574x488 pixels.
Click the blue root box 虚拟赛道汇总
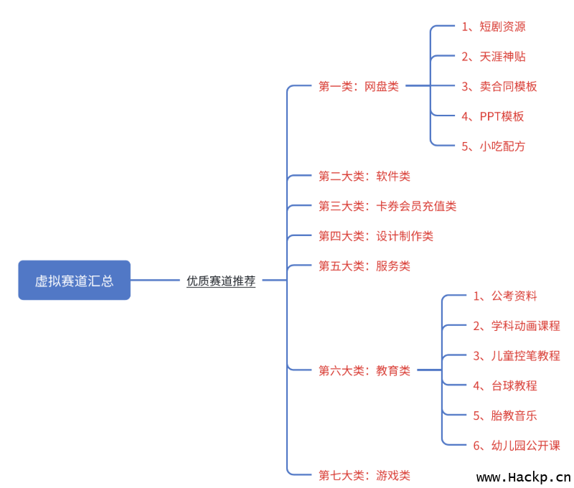tap(74, 280)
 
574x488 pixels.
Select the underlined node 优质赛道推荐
tap(221, 281)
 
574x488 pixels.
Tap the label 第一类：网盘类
tap(359, 86)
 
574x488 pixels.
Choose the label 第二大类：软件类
tap(364, 176)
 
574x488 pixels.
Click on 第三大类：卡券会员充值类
tap(387, 206)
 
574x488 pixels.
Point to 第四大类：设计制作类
tap(376, 236)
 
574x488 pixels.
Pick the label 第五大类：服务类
tap(364, 266)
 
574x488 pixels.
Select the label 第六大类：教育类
tap(364, 370)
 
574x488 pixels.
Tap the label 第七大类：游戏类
tap(364, 474)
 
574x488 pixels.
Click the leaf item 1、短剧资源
tap(494, 27)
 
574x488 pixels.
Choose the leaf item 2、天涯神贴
tap(494, 56)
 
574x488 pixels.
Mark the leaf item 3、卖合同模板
tap(499, 86)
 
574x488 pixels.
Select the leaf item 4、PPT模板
tap(493, 116)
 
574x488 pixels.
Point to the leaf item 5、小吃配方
tap(494, 146)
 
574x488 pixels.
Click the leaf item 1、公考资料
tap(505, 296)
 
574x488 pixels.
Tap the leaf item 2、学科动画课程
tap(517, 326)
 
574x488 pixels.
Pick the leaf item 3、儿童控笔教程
tap(517, 355)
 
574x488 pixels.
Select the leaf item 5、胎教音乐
tap(505, 415)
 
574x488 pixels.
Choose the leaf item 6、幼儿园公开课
tap(517, 445)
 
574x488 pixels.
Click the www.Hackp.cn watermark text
tap(524, 477)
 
